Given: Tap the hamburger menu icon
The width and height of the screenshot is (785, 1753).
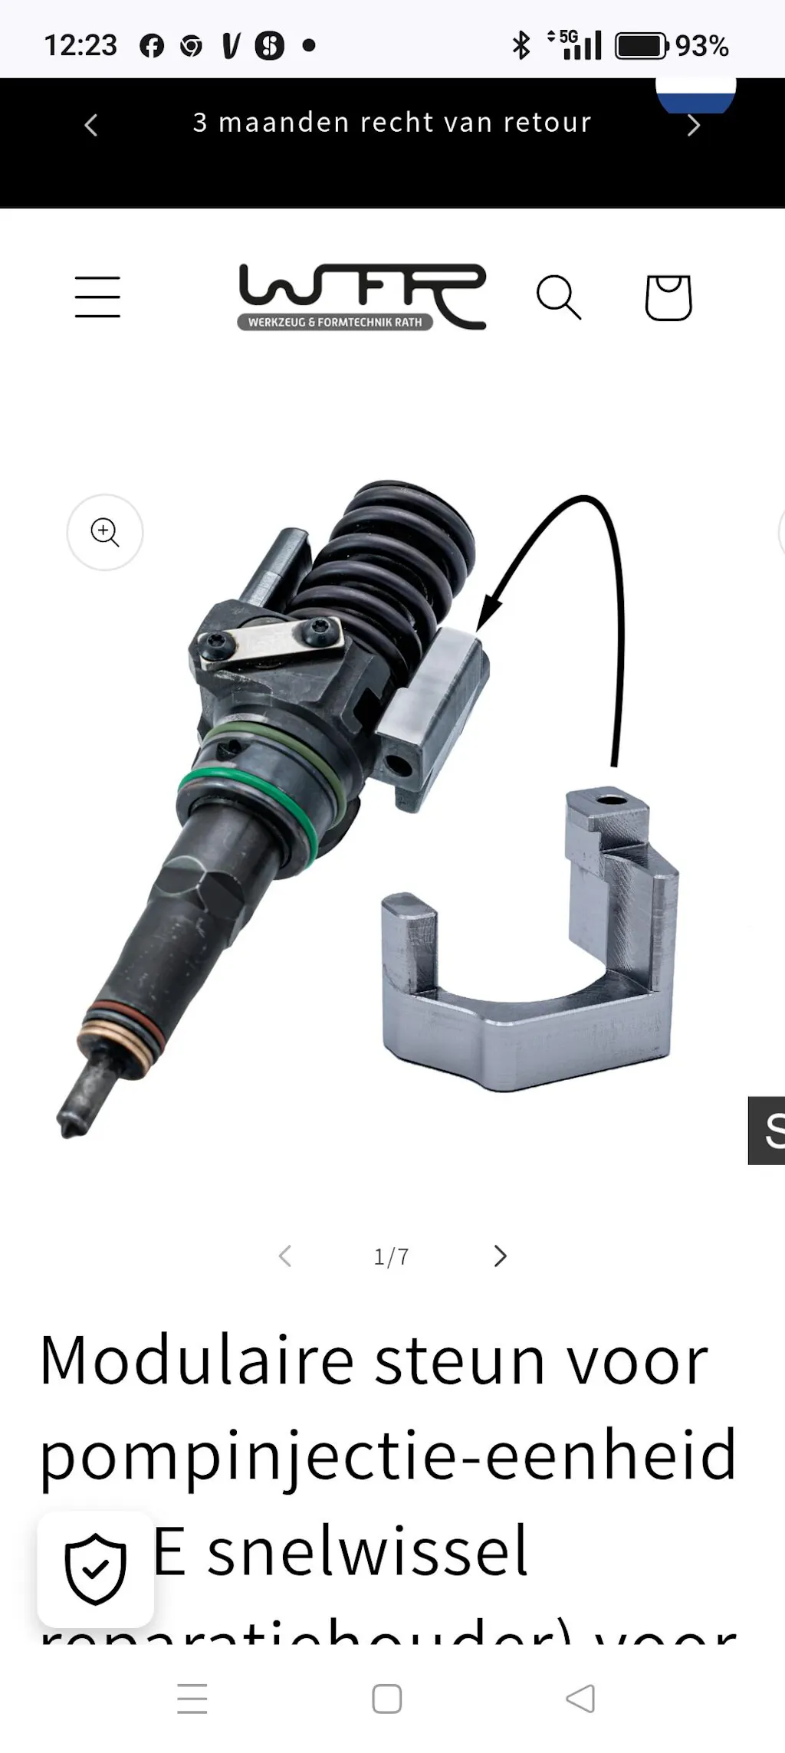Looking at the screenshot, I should [97, 297].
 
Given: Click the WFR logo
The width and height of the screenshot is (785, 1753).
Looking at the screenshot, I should [362, 297].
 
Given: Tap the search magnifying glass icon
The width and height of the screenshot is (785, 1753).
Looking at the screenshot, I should [559, 297].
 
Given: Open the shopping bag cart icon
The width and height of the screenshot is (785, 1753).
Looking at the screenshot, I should [668, 297].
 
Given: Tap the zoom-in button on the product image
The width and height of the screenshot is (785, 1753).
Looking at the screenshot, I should [105, 532].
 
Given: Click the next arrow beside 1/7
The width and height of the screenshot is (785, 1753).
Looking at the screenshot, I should [501, 1256].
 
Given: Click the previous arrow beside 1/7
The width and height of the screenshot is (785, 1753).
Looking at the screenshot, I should [285, 1256].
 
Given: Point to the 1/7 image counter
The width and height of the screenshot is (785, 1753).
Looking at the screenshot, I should [391, 1257].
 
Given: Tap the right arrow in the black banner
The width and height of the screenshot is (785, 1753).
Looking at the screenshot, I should [694, 125].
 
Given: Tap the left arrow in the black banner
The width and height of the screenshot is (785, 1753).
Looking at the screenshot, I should [91, 125].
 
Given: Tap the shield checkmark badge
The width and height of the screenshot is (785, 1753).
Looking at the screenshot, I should [96, 1569].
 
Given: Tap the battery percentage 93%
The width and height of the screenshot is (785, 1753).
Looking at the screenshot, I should [701, 46].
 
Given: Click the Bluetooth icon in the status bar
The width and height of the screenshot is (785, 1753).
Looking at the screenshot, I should [521, 45].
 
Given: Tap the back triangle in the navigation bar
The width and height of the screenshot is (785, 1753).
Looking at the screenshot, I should [580, 1699].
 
